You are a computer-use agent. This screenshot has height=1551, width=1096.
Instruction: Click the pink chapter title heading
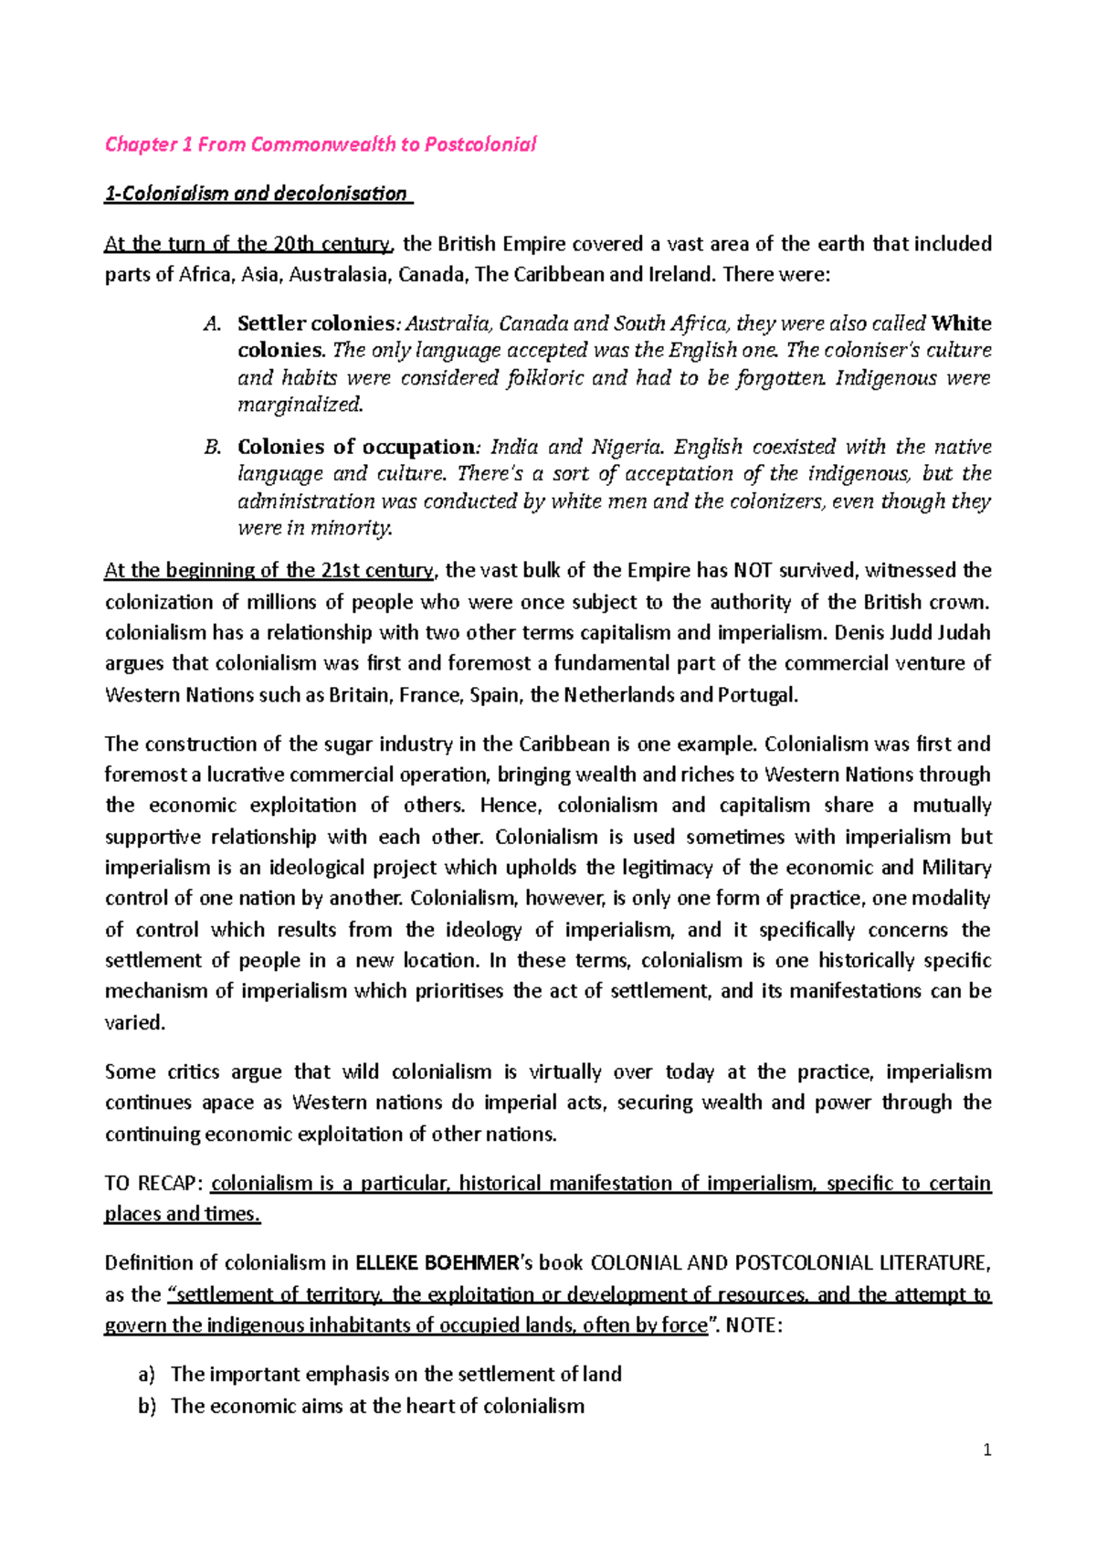pyautogui.click(x=321, y=144)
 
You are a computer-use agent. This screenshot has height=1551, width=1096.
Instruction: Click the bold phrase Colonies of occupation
pyautogui.click(x=357, y=448)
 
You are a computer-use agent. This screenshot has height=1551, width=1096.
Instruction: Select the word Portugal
pyautogui.click(x=757, y=695)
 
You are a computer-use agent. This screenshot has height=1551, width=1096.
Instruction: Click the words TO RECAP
pyautogui.click(x=151, y=1184)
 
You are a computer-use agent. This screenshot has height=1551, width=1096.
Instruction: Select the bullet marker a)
pyautogui.click(x=147, y=1375)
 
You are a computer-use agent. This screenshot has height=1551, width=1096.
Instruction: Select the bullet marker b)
pyautogui.click(x=147, y=1407)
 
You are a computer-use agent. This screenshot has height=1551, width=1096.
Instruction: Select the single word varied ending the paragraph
pyautogui.click(x=134, y=1023)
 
